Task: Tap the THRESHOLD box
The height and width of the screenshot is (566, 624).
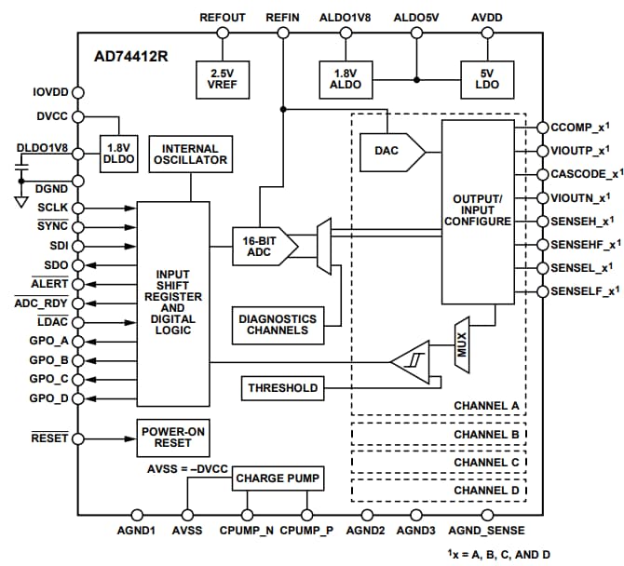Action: [x=281, y=387]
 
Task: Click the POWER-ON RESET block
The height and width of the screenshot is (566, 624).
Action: [x=171, y=438]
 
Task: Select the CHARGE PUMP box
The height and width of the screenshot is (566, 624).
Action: [x=278, y=479]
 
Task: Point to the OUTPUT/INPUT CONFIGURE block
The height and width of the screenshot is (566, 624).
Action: [x=478, y=211]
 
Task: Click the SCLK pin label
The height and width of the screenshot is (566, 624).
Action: [x=52, y=208]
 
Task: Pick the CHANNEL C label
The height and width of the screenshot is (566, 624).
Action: [x=485, y=462]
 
